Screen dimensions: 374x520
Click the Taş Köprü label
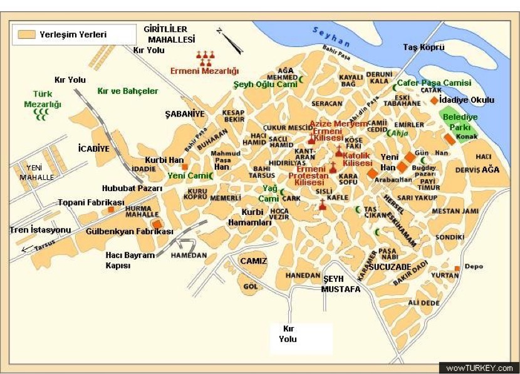424,47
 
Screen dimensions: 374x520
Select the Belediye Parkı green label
460,122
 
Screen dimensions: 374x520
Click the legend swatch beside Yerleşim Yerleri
27,34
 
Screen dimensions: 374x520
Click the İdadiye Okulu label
467,100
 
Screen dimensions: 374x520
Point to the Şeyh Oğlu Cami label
265,84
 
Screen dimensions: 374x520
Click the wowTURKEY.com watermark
480,368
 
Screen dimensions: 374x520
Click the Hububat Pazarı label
129,187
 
